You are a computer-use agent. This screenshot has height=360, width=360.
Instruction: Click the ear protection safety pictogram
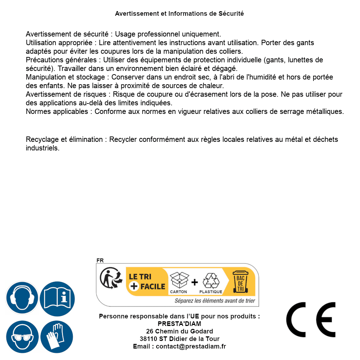pos(22,298)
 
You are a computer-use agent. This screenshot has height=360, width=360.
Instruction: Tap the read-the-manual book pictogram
pos(57,298)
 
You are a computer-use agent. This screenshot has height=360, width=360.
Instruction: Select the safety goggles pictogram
pos(22,337)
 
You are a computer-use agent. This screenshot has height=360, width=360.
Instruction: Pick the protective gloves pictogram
pos(57,337)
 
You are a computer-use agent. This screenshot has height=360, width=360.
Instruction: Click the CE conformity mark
pos(311,320)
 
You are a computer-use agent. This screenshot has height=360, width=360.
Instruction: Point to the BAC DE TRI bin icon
pos(240,282)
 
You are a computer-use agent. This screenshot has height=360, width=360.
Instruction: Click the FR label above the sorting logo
pos(100,261)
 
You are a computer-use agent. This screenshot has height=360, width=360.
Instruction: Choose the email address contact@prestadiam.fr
pos(191,346)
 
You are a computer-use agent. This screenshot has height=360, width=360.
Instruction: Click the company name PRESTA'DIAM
pos(179,324)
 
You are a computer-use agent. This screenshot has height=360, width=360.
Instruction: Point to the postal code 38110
pos(148,339)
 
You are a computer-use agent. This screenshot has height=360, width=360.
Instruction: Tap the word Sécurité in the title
pos(231,14)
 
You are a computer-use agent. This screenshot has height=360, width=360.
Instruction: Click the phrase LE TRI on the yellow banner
pos(140,277)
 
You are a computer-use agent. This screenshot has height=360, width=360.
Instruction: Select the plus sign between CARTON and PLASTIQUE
pos(195,282)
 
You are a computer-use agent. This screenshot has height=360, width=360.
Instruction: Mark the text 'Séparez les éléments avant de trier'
pos(215,301)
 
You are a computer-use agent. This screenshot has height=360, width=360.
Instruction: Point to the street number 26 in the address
pos(150,331)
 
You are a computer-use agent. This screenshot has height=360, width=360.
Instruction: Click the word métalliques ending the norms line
pos(325,111)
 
